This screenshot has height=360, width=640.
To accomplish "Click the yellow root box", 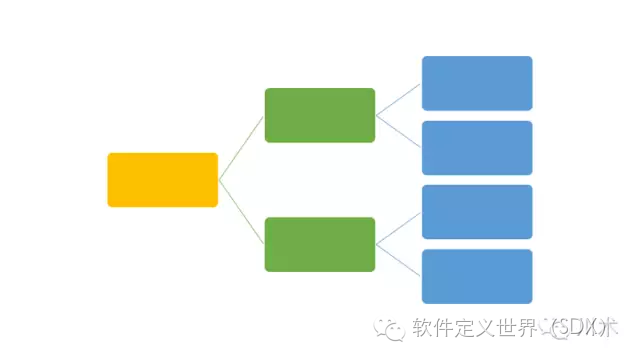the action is (x=162, y=180).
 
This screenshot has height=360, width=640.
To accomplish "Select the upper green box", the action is (x=320, y=115).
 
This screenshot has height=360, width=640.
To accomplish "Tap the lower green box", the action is (x=320, y=244).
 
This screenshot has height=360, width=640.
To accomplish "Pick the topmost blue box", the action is (x=477, y=83).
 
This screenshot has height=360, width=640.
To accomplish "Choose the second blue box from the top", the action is (x=477, y=147).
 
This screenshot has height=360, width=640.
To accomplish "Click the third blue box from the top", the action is (x=477, y=212).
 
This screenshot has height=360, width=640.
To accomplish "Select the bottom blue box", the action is (x=477, y=276).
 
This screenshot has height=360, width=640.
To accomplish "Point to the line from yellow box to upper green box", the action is (x=241, y=148).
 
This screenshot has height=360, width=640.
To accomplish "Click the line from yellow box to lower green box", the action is (x=241, y=212).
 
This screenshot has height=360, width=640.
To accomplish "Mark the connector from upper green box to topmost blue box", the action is (x=399, y=99).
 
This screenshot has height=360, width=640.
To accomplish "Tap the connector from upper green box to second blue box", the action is (x=399, y=131).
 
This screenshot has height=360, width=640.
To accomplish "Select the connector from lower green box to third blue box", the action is (x=399, y=228).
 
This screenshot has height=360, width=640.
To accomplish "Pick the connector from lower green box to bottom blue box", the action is (x=399, y=260).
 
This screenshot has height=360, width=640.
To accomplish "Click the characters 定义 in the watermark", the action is (x=475, y=328).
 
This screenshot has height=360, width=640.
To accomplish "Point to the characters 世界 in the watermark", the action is (x=517, y=328).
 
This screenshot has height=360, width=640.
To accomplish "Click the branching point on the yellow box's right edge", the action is (x=218, y=180).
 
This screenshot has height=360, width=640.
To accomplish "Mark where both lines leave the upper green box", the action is (x=376, y=115).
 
